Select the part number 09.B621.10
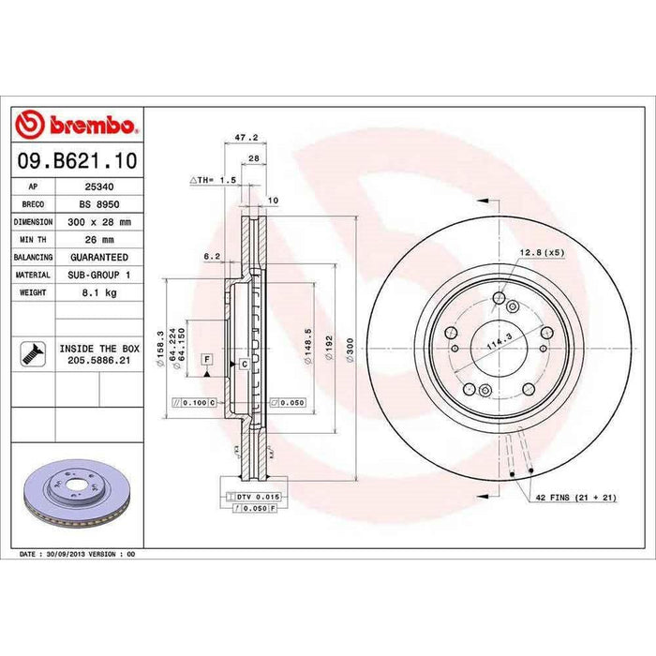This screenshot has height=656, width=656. (78, 161)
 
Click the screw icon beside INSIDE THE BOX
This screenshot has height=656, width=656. (32, 352)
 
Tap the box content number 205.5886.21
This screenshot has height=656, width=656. (99, 359)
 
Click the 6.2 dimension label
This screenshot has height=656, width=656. (211, 255)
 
